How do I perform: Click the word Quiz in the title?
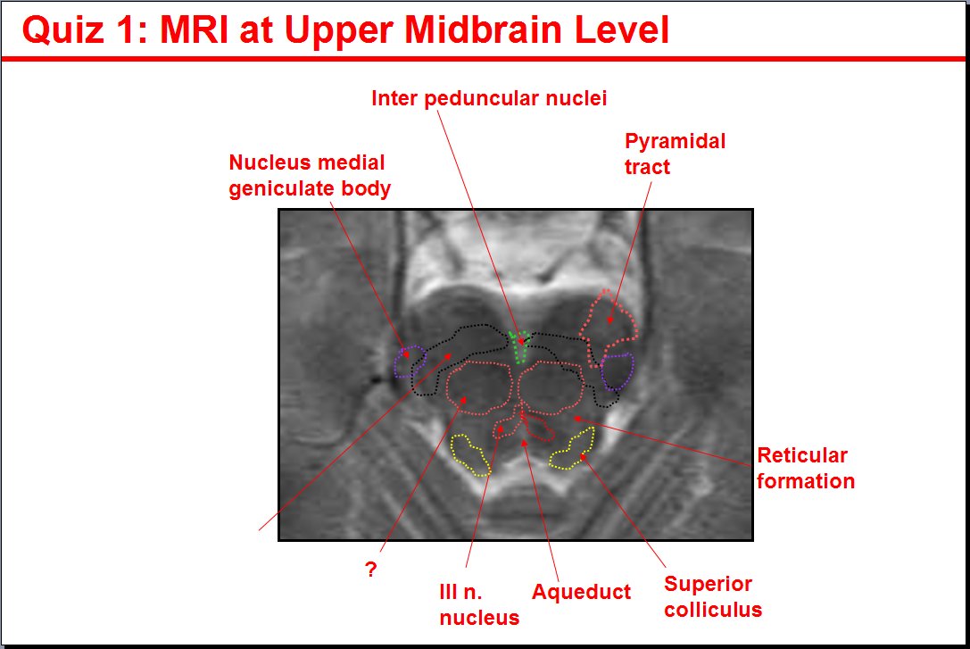tap(62, 29)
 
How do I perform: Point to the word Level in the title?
tap(622, 29)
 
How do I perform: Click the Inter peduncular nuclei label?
tap(489, 98)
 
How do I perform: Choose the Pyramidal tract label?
tap(675, 154)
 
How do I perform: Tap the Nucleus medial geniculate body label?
tap(310, 176)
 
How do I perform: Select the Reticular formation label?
tap(806, 469)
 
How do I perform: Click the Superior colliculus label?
tap(713, 596)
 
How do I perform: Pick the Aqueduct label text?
tap(582, 592)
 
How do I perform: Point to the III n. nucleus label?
tap(479, 604)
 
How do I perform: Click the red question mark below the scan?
tap(370, 570)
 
